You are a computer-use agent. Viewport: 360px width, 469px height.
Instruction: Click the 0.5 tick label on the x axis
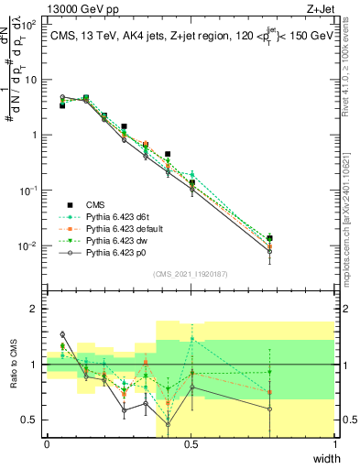191,443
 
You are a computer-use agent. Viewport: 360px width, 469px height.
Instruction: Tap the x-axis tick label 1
334,443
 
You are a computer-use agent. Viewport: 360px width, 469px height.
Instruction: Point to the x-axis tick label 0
47,443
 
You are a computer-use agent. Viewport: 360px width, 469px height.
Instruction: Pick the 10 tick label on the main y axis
30,80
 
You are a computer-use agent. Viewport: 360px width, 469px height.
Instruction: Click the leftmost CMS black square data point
62,105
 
